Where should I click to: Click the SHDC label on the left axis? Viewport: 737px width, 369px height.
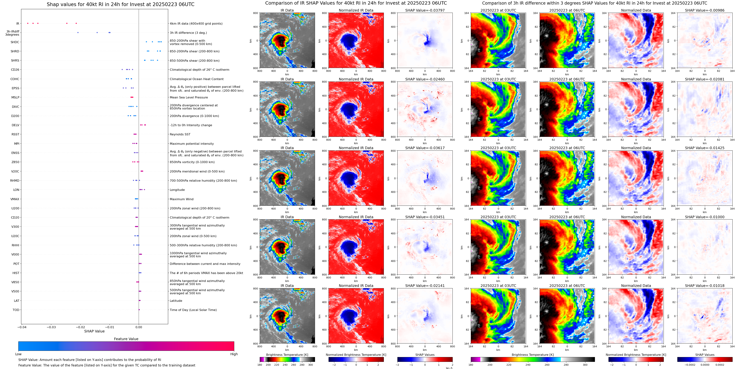[x=15, y=42]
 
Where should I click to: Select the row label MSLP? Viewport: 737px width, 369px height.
[x=15, y=97]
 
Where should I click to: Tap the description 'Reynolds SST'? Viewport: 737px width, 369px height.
[x=180, y=134]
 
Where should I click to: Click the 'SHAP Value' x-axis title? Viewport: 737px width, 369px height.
[x=94, y=331]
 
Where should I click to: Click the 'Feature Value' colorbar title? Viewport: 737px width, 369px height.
[x=126, y=339]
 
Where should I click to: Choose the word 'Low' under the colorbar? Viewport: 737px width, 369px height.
[x=18, y=354]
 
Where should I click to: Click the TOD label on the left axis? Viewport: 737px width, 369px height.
[x=16, y=310]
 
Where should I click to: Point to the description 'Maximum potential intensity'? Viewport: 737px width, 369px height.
[x=192, y=144]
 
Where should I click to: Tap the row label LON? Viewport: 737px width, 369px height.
[x=16, y=190]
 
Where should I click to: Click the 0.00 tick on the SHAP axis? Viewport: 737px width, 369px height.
[x=139, y=327]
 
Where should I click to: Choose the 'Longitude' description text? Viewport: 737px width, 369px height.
[x=177, y=190]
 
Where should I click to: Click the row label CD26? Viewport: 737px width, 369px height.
[x=15, y=70]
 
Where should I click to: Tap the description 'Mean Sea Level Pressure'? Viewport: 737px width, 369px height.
[x=189, y=97]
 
